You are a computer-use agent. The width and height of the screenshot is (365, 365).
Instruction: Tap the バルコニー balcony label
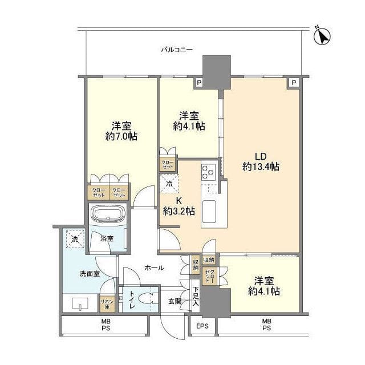point(176,50)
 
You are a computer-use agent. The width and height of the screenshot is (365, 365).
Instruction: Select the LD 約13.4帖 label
point(261,161)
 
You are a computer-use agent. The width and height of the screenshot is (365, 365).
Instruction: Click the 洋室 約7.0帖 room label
point(121,131)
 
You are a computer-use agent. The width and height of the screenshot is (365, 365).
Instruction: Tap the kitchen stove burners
point(208,172)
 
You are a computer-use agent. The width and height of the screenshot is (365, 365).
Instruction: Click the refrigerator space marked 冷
point(169,184)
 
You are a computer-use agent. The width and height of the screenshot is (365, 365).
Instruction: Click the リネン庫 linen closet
point(107,304)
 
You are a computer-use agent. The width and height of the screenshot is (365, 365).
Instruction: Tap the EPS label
point(202,326)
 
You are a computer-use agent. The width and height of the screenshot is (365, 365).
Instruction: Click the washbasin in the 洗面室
point(80,304)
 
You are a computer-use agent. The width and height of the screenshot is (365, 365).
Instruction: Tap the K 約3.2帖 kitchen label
point(179,206)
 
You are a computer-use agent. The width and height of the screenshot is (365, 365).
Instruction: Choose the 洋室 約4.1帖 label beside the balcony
point(189,121)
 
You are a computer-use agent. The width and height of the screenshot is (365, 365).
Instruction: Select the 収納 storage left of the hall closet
point(196,264)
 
